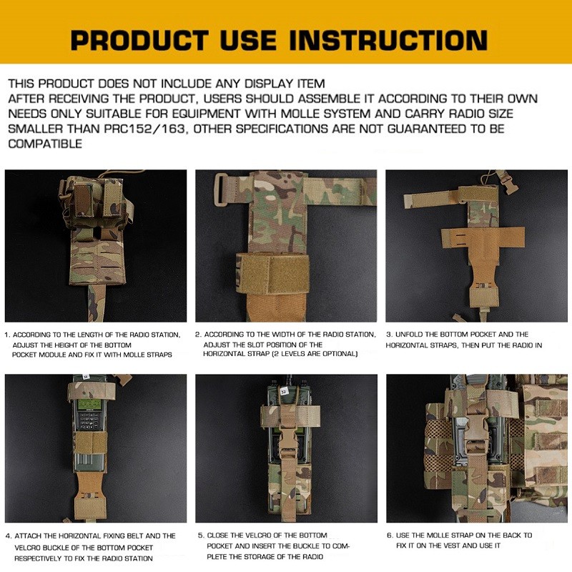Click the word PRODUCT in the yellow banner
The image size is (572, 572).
click(139, 40)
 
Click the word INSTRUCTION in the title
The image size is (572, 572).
click(388, 40)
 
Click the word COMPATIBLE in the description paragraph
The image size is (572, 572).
click(45, 144)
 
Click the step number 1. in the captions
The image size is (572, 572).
click(7, 335)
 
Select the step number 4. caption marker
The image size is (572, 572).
click(9, 536)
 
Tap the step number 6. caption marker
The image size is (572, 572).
click(390, 536)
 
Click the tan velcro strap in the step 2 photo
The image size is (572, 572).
click(273, 273)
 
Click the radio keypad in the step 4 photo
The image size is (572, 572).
click(89, 423)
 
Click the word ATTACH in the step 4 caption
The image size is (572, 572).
click(28, 536)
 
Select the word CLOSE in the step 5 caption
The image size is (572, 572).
click(217, 536)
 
